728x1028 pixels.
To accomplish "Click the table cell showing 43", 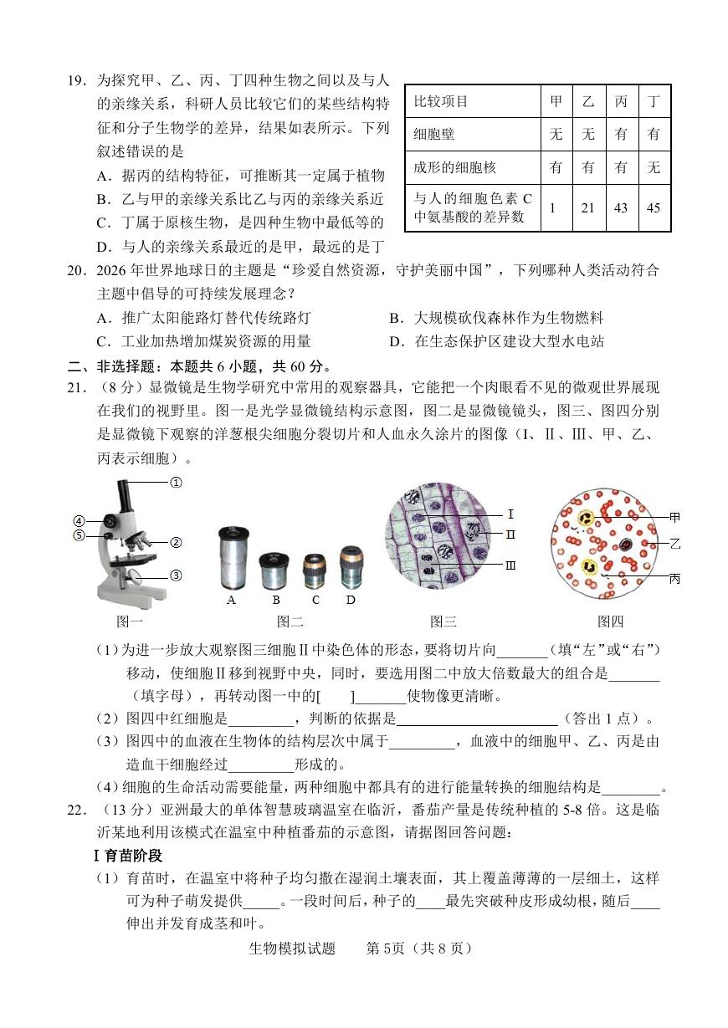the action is coord(622,208).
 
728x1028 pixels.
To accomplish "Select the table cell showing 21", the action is coord(589,208).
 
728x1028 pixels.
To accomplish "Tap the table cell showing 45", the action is coord(654,208).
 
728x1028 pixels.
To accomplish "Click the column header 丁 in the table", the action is coord(654,101).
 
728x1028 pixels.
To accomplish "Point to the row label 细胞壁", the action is coord(433,135).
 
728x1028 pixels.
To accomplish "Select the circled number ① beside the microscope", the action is coord(177,483).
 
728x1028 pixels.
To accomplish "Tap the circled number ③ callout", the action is coord(177,575).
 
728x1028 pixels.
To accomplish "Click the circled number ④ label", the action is coord(79,521).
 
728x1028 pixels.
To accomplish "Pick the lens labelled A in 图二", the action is coord(234,559).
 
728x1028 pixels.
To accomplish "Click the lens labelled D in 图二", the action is coord(351,567).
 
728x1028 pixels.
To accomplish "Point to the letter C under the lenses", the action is coord(315,600).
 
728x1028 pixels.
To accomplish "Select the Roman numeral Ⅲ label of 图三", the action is coord(510,565).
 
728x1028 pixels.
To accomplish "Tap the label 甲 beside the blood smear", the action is coord(674,518).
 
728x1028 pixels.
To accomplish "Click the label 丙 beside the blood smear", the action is coord(674,579).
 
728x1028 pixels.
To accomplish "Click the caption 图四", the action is coord(610,621).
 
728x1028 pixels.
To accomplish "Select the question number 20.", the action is coord(76,270).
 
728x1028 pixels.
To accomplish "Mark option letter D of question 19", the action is coord(103,248).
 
